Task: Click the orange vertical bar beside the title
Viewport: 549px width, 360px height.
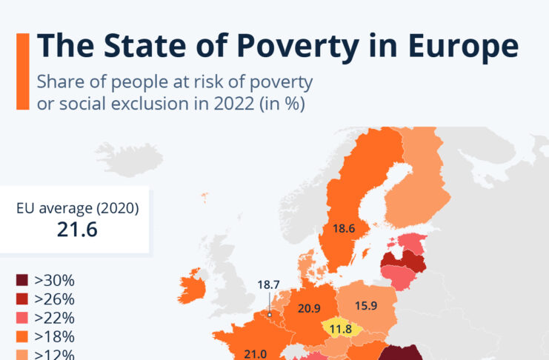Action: (x=22, y=70)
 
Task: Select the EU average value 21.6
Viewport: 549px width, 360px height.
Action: (x=77, y=230)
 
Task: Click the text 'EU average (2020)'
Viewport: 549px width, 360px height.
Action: (x=77, y=207)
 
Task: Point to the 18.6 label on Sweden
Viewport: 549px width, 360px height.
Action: (x=344, y=230)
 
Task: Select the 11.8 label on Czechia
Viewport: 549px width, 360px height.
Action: (x=340, y=328)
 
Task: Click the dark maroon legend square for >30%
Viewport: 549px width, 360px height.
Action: (x=22, y=281)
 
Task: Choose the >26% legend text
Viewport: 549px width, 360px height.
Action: (x=54, y=300)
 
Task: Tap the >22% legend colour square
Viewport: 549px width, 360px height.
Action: (x=22, y=319)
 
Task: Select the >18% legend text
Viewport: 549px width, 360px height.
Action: (x=54, y=337)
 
